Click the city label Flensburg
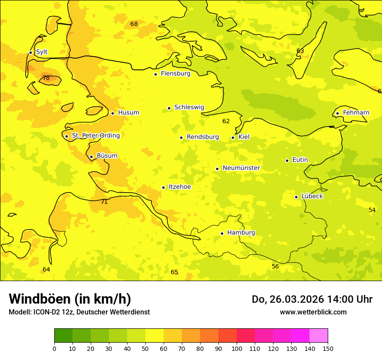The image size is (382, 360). click(175, 74)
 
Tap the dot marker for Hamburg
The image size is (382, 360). click(222, 233)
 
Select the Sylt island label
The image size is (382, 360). click(42, 52)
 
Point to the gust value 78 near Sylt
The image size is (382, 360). click(46, 78)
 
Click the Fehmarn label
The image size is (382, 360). click(356, 113)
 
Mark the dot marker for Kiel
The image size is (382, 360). click(233, 137)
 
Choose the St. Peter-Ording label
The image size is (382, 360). click(95, 136)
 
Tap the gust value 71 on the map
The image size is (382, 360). click(104, 202)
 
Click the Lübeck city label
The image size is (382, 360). click(312, 196)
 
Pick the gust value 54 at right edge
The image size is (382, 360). click(372, 210)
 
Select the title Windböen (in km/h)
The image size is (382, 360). click(70, 299)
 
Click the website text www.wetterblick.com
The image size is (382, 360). click(313, 312)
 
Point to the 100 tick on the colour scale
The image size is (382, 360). click(237, 348)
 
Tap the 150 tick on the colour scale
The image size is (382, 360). click(328, 348)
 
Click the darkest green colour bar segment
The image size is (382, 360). click(63, 336)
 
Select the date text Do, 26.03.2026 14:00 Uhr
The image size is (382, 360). click(312, 299)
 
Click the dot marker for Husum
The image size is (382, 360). click(112, 113)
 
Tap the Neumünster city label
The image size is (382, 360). click(241, 168)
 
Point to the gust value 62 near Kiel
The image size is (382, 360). click(226, 121)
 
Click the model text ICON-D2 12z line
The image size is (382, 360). click(79, 312)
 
